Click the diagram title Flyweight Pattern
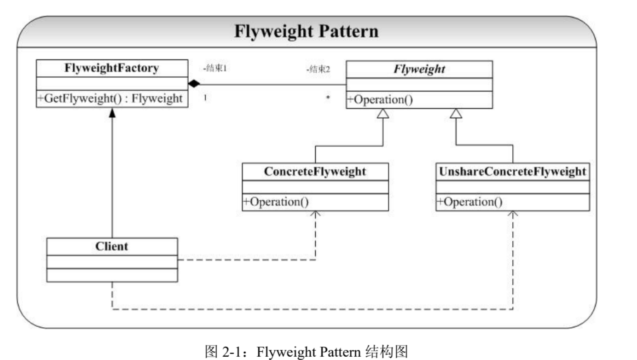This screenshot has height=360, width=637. coord(306,31)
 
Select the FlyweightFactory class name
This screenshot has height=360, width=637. coord(111,68)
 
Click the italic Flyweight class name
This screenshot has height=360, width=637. coord(419,69)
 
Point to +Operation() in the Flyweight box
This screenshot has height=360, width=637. coord(380,99)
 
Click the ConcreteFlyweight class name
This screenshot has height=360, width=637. coord(315,171)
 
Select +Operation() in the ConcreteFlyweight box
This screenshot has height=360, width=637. coord(276,202)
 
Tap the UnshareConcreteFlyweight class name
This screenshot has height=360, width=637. coord(512,171)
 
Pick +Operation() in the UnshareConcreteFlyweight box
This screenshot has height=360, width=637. coord(469,202)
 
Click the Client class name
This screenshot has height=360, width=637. coord(112,246)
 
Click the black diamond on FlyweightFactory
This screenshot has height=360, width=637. coord(194,84)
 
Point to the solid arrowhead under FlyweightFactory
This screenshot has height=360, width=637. coord(112,113)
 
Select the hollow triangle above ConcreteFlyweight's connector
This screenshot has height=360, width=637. coord(383,113)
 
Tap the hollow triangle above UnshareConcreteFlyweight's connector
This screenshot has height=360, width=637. coord(456,113)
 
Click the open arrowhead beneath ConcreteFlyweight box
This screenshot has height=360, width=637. coord(315,214)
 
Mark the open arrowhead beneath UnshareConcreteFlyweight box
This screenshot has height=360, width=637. coord(513,214)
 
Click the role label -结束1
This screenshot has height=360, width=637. coord(215,68)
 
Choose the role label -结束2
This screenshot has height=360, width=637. coord(318,69)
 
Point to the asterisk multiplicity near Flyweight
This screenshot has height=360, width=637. coord(328,98)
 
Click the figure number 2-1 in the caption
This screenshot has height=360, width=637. coord(231,352)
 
